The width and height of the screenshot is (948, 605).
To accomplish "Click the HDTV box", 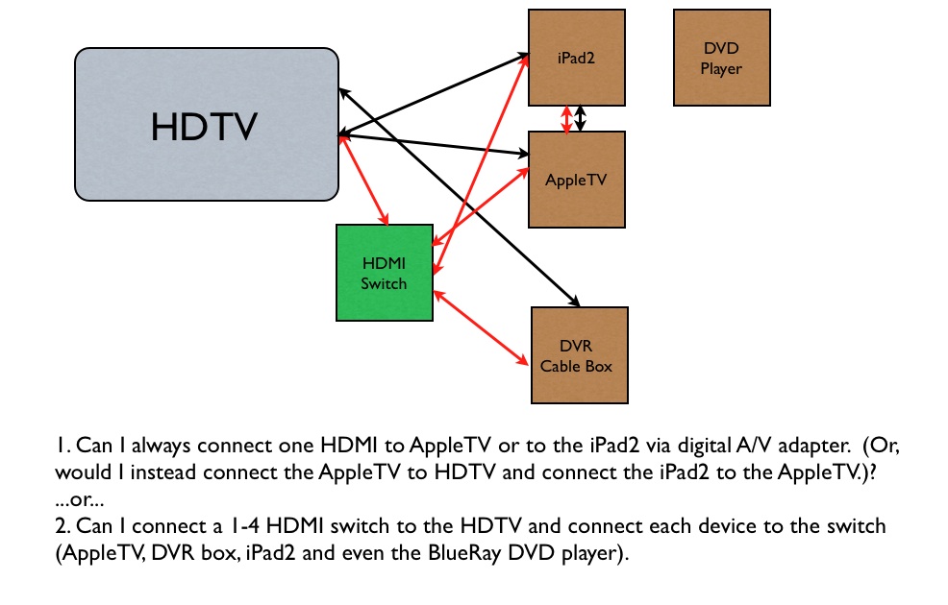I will coord(207,125).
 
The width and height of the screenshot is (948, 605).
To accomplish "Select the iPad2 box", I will coord(577,58).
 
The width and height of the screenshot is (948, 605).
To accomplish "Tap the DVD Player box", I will coord(721,58).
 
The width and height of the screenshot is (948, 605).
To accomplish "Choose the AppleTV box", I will coord(577,180).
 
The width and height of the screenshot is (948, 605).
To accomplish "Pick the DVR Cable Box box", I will coord(580,355).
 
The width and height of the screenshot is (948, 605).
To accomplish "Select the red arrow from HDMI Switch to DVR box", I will coord(481,327).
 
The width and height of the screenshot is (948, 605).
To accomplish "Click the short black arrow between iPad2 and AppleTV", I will coord(581,118).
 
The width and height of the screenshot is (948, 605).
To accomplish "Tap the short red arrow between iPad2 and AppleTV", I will coord(567,118).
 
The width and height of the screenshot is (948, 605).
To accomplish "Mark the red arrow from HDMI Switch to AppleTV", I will coord(481,206).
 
